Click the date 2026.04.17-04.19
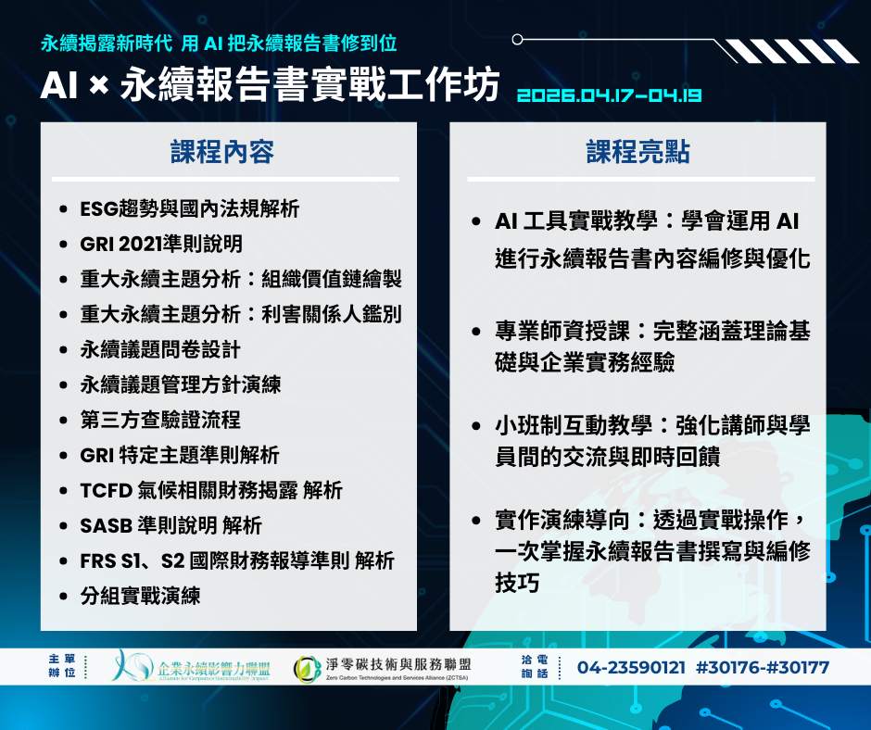609,95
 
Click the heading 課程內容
222,152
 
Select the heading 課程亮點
637,152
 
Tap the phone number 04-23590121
631,667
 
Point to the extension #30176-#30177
763,667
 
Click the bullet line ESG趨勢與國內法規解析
189,208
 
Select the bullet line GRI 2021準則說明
161,244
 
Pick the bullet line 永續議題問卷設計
160,349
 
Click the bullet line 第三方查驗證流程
160,420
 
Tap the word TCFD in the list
107,491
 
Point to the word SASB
107,525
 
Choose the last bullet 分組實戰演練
140,596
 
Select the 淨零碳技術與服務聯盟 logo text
398,664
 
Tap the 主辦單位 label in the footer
62,665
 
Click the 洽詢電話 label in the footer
535,666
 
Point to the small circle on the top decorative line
517,40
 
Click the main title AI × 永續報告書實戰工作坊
270,85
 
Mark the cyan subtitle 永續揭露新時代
107,44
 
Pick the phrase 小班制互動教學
574,425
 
